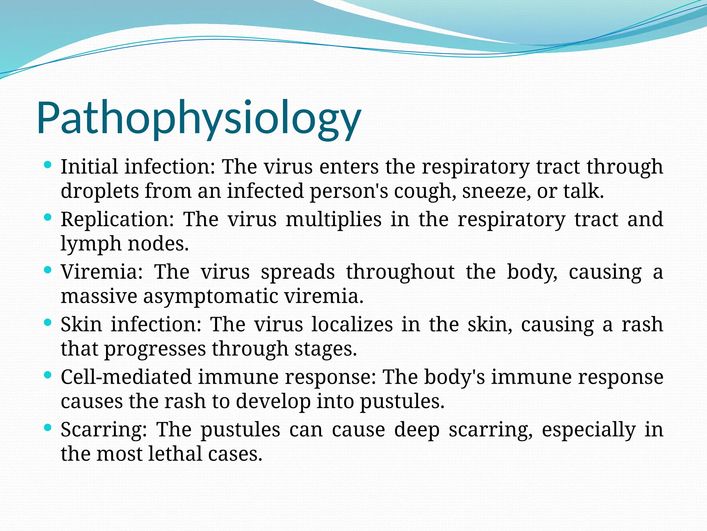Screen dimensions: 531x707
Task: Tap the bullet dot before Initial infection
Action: click(48, 165)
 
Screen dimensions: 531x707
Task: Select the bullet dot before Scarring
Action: click(48, 427)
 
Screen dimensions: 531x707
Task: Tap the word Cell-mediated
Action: click(126, 377)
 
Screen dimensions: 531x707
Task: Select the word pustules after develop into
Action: click(402, 402)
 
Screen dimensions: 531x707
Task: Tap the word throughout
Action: click(400, 272)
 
